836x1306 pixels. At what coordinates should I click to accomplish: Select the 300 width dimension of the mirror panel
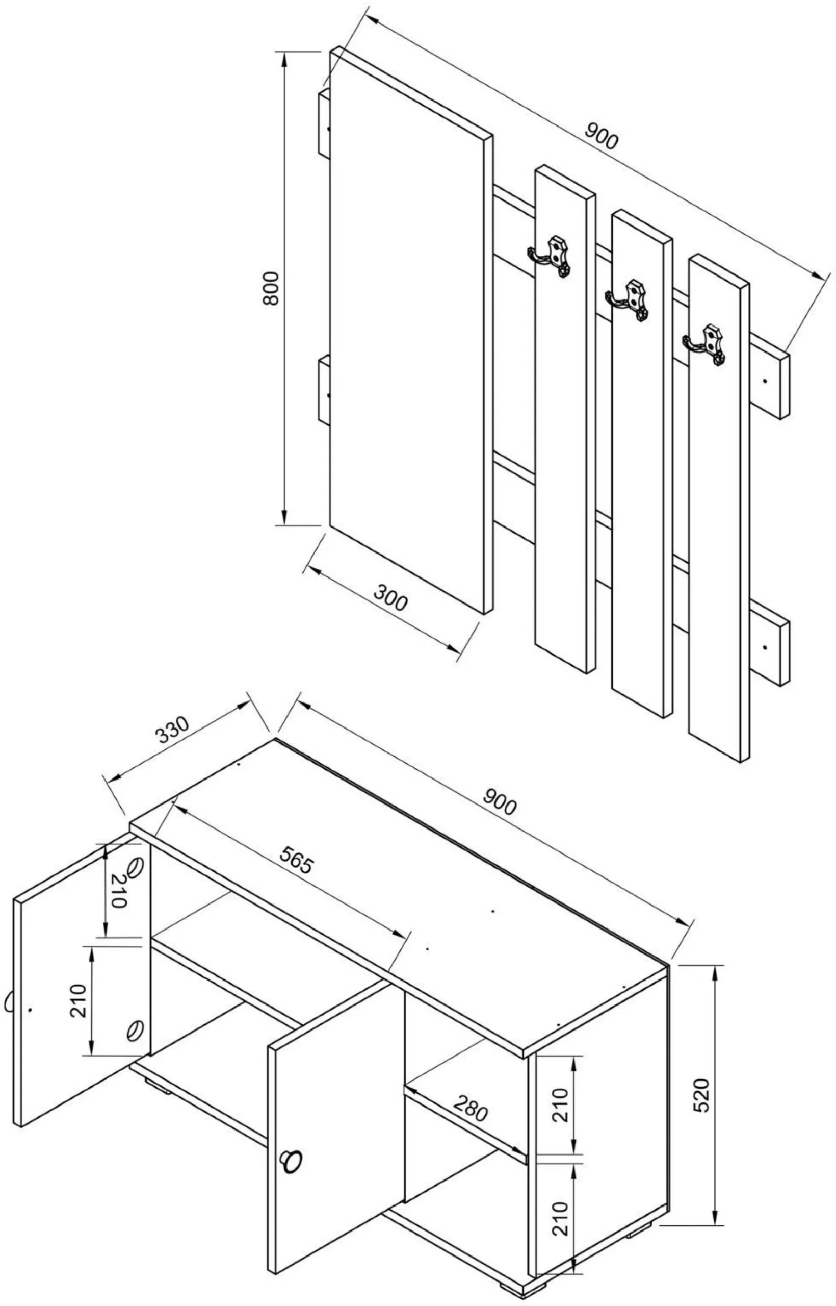point(390,597)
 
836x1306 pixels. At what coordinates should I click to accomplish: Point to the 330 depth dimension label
point(172,731)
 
